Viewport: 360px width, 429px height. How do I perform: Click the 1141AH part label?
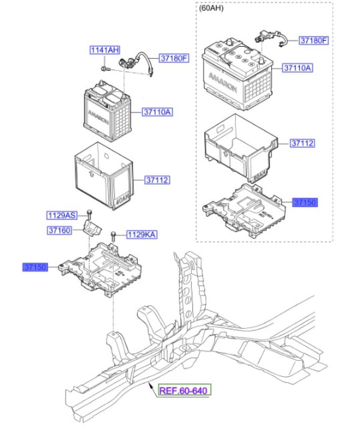[104, 50]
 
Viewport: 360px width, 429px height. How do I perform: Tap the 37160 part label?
[59, 231]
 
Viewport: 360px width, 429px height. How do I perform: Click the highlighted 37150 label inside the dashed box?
[305, 202]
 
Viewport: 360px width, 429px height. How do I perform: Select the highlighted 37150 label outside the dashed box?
[35, 267]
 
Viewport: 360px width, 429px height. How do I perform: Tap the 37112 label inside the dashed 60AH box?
[303, 144]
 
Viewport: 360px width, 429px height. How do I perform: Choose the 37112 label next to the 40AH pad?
[156, 181]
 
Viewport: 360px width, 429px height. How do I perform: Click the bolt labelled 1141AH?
[104, 68]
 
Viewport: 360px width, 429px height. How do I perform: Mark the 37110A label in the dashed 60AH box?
[298, 67]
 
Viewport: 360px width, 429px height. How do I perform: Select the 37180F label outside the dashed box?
[174, 58]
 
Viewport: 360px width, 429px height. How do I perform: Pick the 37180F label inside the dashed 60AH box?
[314, 41]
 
